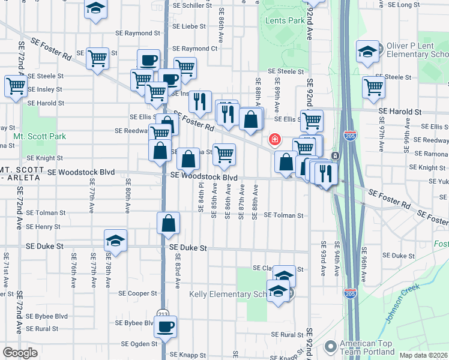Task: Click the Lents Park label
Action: click(x=285, y=20)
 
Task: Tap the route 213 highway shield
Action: click(x=163, y=314)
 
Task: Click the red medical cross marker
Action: click(x=275, y=139)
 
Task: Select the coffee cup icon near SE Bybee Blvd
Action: click(x=165, y=327)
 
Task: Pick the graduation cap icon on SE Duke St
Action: click(x=115, y=241)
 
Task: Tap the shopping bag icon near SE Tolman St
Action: click(x=169, y=223)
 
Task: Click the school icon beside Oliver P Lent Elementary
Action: click(x=367, y=52)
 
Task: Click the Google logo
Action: click(x=20, y=352)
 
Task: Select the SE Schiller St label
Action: click(x=190, y=4)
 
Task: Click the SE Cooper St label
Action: click(x=137, y=293)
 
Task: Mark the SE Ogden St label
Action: click(x=139, y=344)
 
